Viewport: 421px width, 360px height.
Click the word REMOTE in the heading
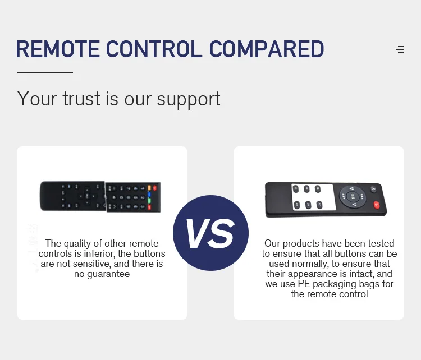click(x=58, y=49)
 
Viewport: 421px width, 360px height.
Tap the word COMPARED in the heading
click(x=267, y=49)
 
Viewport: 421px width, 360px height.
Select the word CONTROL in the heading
click(x=154, y=49)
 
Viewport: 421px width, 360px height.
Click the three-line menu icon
click(x=400, y=49)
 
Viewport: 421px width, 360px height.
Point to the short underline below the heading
click(x=45, y=72)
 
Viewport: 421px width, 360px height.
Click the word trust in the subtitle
click(x=81, y=99)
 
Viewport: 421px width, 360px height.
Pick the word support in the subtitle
click(x=189, y=100)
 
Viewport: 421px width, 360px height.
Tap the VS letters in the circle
click(x=210, y=234)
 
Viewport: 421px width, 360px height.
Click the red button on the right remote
click(x=377, y=205)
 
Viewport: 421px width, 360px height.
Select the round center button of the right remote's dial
click(x=353, y=197)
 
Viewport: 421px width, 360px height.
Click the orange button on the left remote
click(x=149, y=188)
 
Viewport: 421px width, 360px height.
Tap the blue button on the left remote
click(x=149, y=194)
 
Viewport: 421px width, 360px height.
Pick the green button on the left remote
click(x=149, y=201)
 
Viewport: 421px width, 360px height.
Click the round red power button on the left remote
click(x=155, y=188)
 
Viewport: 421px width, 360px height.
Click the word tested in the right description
click(x=381, y=243)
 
